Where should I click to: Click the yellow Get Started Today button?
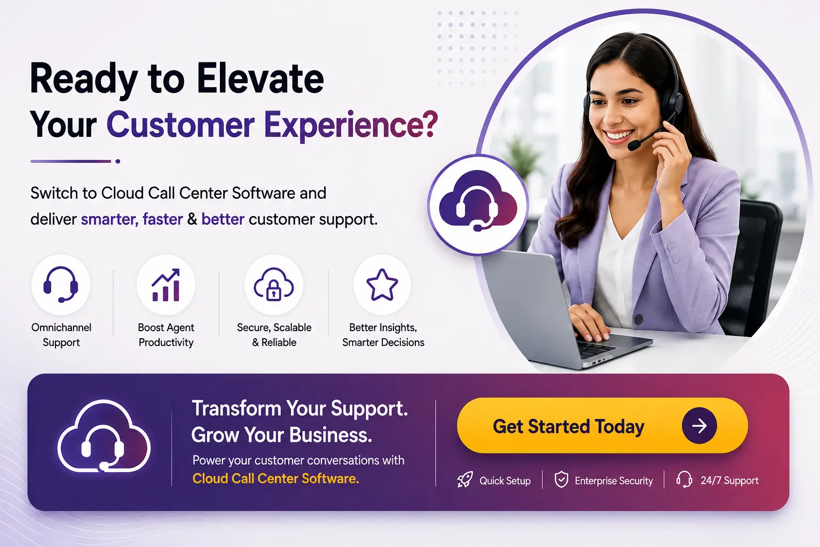tap(602, 426)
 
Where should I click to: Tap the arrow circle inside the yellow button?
tap(699, 426)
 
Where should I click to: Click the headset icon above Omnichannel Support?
tap(61, 285)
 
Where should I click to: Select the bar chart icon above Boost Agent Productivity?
tap(166, 285)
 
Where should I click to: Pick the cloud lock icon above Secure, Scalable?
tap(274, 285)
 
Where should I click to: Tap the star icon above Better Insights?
tap(382, 285)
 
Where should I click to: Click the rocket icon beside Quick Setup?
tap(465, 480)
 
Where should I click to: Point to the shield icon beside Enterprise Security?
tap(561, 480)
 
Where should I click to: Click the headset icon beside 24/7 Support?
tap(684, 479)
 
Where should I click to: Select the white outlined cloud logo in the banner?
tap(104, 436)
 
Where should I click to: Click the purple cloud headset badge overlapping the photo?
tap(478, 205)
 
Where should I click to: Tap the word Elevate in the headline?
tap(261, 79)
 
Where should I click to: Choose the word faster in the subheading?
tap(162, 219)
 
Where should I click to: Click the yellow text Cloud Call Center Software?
tap(275, 479)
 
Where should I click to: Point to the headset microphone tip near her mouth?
tap(633, 146)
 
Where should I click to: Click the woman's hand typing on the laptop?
tap(589, 323)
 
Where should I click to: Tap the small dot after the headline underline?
tap(118, 161)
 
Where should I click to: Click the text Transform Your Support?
tap(300, 409)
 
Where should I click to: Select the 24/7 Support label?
tap(730, 480)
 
